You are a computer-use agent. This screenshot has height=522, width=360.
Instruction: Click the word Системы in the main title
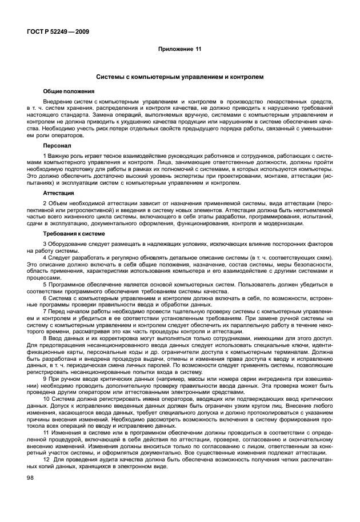click(112, 77)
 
